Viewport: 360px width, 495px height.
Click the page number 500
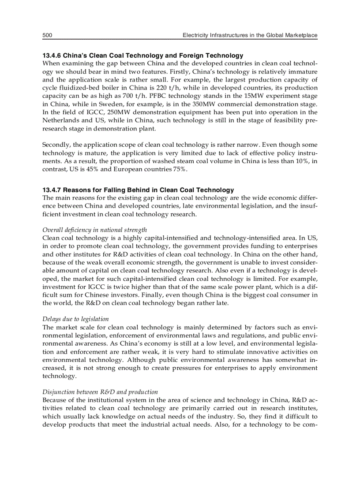[48, 35]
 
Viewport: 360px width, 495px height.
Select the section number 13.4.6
[52, 56]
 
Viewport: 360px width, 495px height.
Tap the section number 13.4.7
[52, 190]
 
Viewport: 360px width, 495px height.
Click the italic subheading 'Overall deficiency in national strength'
[94, 230]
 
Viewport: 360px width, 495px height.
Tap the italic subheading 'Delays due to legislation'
[75, 319]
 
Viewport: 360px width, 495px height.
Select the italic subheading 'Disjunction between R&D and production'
[100, 391]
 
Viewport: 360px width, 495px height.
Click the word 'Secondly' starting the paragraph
[56, 145]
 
